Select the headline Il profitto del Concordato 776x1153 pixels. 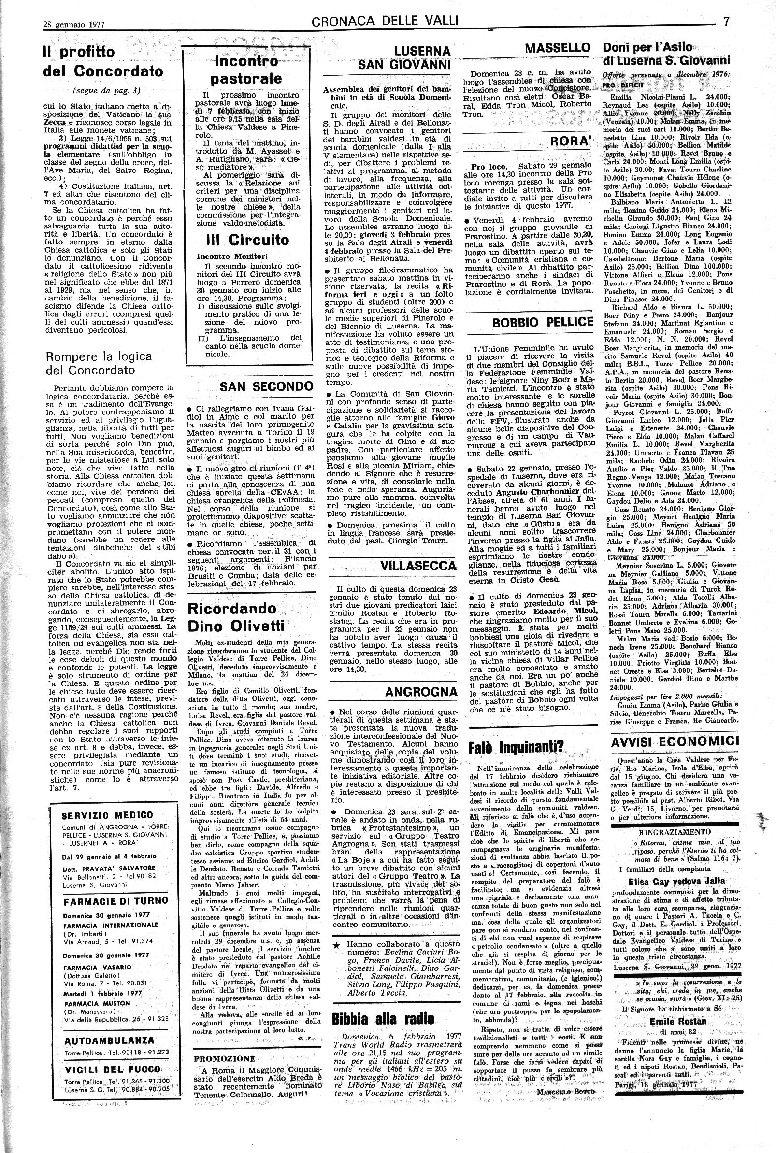point(103,62)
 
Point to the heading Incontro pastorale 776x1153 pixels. point(246,70)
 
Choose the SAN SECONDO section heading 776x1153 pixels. point(266,387)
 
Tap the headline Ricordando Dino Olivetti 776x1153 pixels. point(232,617)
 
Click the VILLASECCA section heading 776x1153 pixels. point(418,566)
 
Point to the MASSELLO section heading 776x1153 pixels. point(558,48)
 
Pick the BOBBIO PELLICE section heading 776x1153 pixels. point(542,323)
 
